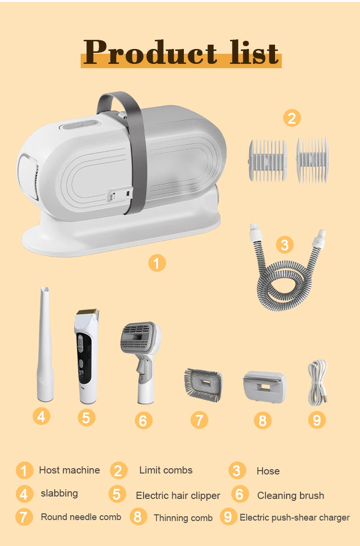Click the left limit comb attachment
point(267,160)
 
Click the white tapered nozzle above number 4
point(46,346)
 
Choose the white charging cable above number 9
point(317,383)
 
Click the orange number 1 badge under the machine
point(157,263)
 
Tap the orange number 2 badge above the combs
point(292,117)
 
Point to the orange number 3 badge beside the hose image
point(285,245)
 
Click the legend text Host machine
point(70,470)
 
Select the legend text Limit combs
point(166,470)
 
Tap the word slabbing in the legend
point(59,493)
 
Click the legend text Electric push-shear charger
point(295,517)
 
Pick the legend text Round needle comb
point(81,517)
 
